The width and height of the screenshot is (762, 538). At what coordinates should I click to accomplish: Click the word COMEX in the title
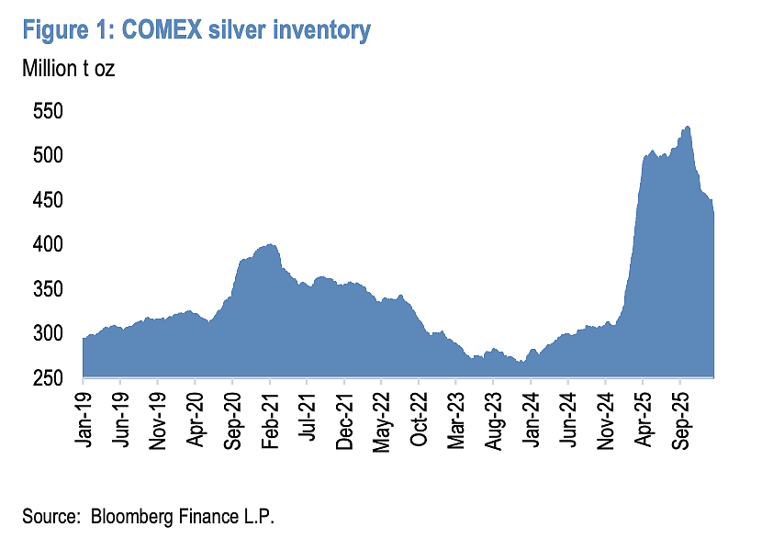(x=162, y=30)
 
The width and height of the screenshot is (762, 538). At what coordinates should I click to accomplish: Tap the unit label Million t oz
(x=69, y=69)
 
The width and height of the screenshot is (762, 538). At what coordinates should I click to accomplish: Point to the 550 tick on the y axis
(x=48, y=111)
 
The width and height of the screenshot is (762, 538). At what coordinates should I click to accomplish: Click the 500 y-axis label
(x=48, y=155)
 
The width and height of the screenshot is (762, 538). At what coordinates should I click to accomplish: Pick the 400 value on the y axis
(x=48, y=244)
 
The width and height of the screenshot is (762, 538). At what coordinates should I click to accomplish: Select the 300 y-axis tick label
(x=48, y=333)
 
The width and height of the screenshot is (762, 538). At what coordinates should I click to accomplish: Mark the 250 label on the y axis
(x=48, y=378)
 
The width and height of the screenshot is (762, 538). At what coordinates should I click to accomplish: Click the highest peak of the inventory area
(x=687, y=127)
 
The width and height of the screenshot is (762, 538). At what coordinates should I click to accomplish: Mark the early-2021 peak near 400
(x=270, y=245)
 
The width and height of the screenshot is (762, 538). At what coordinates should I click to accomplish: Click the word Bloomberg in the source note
(x=131, y=516)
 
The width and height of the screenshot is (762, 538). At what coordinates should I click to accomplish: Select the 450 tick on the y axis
(x=48, y=200)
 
